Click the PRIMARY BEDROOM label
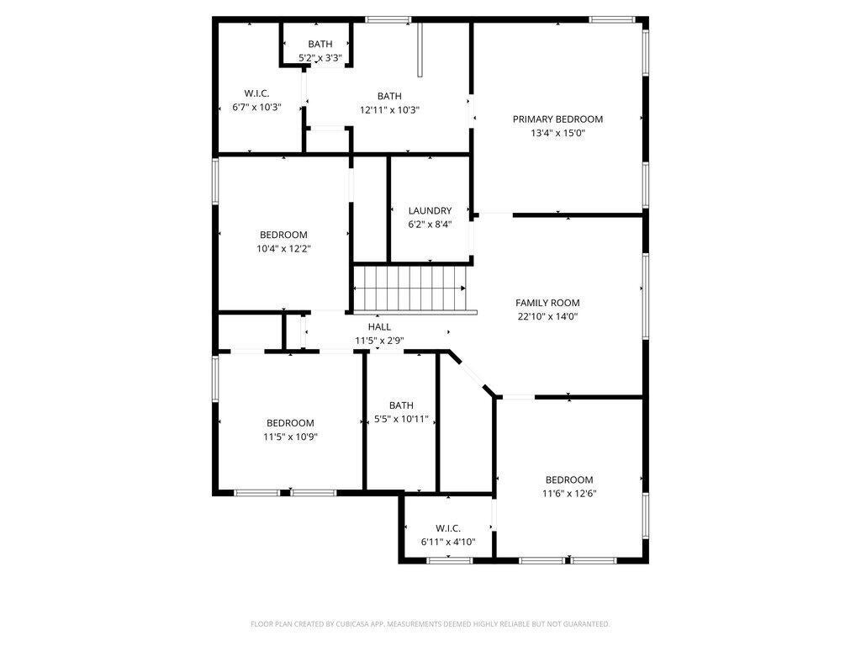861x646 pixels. tap(557, 119)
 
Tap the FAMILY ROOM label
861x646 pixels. tap(547, 303)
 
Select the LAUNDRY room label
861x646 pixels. tap(430, 211)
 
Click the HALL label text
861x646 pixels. tap(379, 326)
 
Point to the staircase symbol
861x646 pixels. tap(409, 288)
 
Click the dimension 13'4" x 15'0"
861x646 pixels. tap(557, 133)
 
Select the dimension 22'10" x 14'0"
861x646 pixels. tap(547, 317)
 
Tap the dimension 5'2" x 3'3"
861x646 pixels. tap(320, 58)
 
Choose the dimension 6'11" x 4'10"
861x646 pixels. tap(448, 542)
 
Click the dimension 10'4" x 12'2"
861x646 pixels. tap(283, 249)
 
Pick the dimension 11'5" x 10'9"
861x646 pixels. tap(290, 437)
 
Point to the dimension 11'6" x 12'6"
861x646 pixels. tap(569, 494)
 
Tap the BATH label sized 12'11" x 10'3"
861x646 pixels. tap(389, 96)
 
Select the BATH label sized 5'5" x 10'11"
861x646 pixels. tap(401, 405)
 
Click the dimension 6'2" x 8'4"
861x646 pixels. tap(430, 225)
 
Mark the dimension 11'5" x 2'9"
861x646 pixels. tap(379, 341)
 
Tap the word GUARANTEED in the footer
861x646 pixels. tap(585, 624)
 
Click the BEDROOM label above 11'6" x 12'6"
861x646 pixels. tap(569, 480)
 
